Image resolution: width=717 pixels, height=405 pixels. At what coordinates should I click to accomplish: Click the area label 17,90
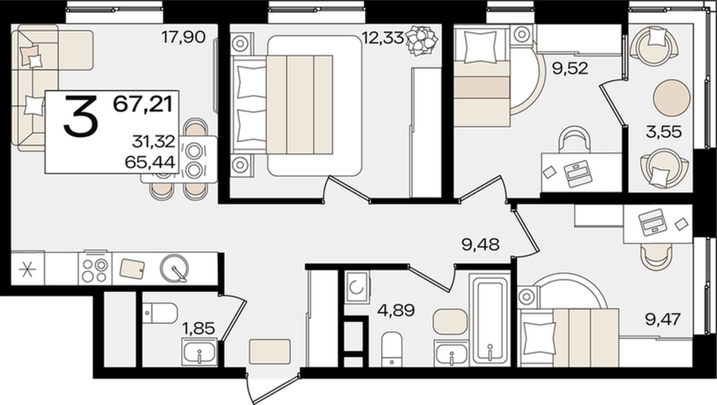pyautogui.click(x=183, y=37)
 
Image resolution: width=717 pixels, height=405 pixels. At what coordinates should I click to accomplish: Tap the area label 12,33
pyautogui.click(x=382, y=37)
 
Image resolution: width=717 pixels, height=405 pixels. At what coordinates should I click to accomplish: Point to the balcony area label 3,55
pyautogui.click(x=664, y=132)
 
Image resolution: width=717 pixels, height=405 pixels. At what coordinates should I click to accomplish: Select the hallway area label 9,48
pyautogui.click(x=480, y=244)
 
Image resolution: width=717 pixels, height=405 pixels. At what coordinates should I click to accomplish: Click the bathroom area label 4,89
pyautogui.click(x=396, y=310)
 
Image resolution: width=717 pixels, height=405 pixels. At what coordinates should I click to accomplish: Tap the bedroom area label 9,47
pyautogui.click(x=663, y=319)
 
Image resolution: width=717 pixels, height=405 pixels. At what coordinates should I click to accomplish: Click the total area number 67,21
pyautogui.click(x=143, y=104)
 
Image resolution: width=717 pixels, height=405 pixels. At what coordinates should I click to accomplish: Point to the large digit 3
pyautogui.click(x=80, y=116)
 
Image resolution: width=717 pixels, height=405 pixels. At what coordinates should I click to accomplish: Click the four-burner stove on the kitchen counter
pyautogui.click(x=95, y=269)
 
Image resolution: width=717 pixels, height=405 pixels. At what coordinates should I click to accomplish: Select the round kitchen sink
pyautogui.click(x=174, y=268)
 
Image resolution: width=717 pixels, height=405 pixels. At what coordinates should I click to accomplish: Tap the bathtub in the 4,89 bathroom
pyautogui.click(x=490, y=318)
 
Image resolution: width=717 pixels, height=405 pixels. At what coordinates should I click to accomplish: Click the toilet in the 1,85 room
pyautogui.click(x=159, y=313)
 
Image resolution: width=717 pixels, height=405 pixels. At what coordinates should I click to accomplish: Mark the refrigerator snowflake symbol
pyautogui.click(x=27, y=269)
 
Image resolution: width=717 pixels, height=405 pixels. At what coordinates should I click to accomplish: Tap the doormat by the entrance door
pyautogui.click(x=270, y=352)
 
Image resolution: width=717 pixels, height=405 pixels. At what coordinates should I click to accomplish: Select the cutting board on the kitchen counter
pyautogui.click(x=132, y=269)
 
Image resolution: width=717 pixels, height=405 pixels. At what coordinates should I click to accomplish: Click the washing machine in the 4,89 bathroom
pyautogui.click(x=357, y=287)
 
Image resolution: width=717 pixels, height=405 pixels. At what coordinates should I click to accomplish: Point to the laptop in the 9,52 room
pyautogui.click(x=579, y=174)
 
